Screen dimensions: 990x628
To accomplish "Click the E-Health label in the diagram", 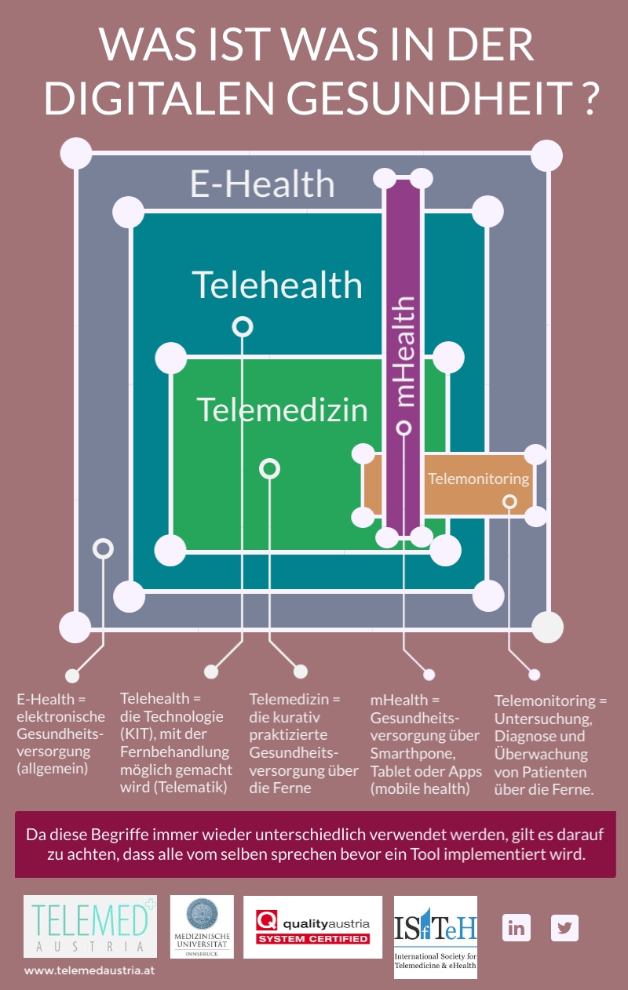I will [x=262, y=184].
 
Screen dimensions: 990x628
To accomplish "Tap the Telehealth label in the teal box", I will [x=277, y=284].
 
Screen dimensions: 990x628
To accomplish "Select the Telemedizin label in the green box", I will [x=282, y=409].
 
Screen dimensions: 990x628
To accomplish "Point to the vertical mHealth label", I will [x=403, y=351].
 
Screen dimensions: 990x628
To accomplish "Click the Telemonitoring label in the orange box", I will [x=478, y=479].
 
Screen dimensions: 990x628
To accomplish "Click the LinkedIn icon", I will [x=517, y=928].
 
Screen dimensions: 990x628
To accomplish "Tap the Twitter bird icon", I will [x=564, y=928].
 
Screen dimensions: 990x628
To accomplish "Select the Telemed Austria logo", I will [x=90, y=926].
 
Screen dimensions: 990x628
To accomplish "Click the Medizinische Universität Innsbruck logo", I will [x=202, y=926].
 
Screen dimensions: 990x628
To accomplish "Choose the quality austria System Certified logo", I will [x=312, y=927].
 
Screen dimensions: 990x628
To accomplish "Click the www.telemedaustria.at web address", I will [x=89, y=970].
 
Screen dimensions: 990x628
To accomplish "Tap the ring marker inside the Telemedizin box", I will [x=269, y=469].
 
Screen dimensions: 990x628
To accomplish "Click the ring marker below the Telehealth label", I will [x=243, y=326].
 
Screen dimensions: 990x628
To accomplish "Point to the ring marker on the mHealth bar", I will [x=403, y=428].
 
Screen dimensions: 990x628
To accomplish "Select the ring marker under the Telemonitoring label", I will [x=509, y=501].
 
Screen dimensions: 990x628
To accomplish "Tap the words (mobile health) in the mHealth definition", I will [x=420, y=788].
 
